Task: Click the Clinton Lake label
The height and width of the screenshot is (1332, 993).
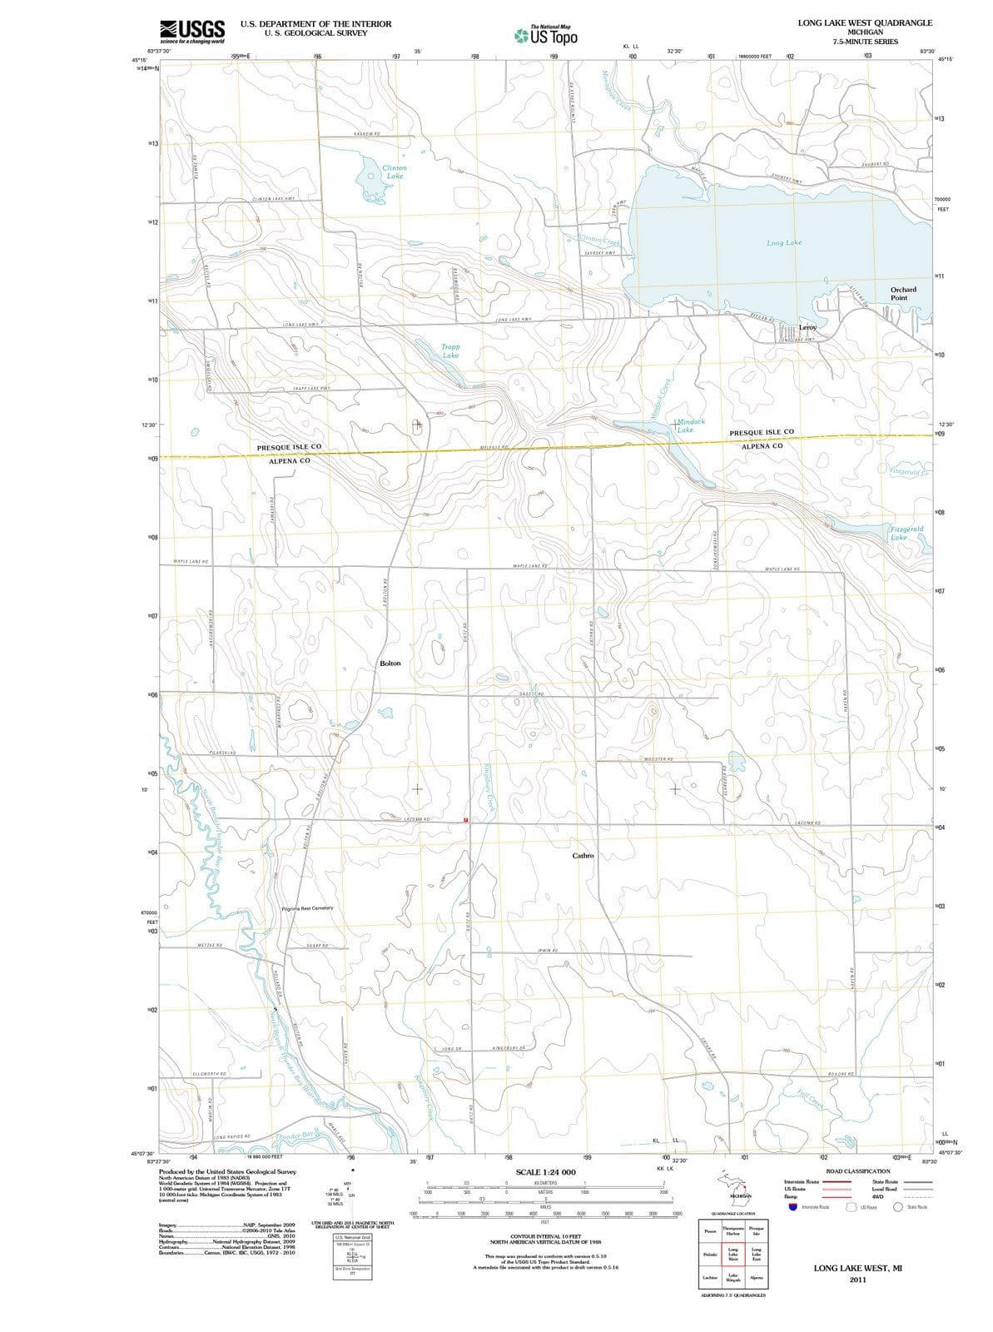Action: pyautogui.click(x=394, y=172)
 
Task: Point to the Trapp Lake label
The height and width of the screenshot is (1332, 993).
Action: pyautogui.click(x=450, y=350)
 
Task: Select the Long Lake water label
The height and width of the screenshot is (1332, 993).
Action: pyautogui.click(x=784, y=242)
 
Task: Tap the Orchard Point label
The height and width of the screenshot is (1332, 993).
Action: pyautogui.click(x=903, y=294)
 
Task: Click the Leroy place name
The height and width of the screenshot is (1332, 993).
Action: pyautogui.click(x=808, y=328)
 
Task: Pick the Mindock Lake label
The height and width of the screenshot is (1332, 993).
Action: pyautogui.click(x=688, y=425)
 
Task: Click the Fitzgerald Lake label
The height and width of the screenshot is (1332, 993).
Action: pyautogui.click(x=906, y=533)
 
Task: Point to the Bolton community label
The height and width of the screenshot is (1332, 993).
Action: pyautogui.click(x=390, y=664)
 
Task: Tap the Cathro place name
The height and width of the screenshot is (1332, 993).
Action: pyautogui.click(x=583, y=856)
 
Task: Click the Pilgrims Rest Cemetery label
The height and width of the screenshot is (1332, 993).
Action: pyautogui.click(x=308, y=908)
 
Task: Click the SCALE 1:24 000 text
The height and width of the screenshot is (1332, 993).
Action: pyautogui.click(x=546, y=1172)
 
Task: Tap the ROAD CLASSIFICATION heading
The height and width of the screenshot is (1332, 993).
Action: pyautogui.click(x=856, y=1170)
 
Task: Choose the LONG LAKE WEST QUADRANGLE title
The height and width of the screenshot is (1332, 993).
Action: pyautogui.click(x=865, y=22)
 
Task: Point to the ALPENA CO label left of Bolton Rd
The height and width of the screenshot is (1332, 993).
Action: pyautogui.click(x=290, y=460)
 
